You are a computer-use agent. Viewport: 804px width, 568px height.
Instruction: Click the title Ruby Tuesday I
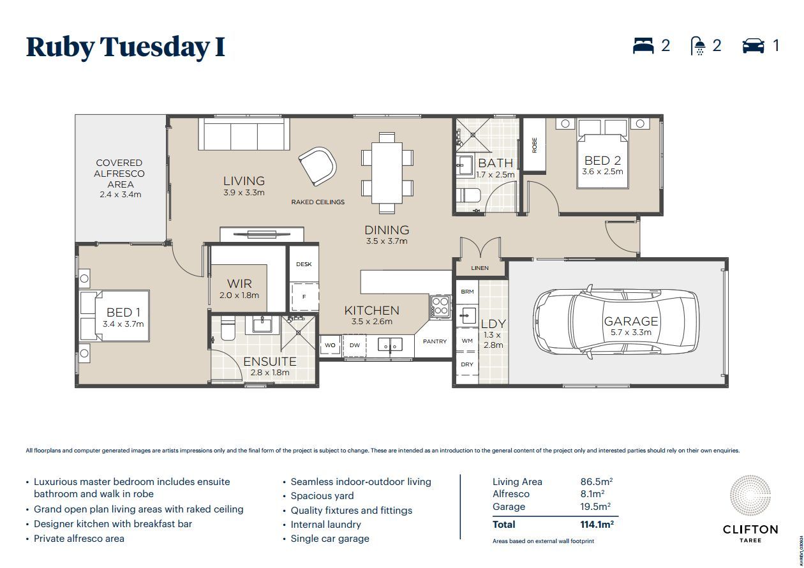click(126, 47)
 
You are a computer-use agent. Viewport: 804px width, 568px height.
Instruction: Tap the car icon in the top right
click(753, 46)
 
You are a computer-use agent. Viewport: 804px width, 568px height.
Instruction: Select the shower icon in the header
click(699, 46)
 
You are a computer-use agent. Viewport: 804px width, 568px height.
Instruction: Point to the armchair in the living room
click(318, 164)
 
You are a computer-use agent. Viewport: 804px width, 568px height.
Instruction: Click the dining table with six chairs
click(387, 172)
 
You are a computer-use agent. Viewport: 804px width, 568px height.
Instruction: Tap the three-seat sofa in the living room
click(244, 135)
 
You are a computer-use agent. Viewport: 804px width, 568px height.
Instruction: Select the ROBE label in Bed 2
click(534, 145)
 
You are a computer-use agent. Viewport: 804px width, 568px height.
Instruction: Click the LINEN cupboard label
click(479, 268)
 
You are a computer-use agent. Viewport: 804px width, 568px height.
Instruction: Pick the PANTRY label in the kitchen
click(435, 341)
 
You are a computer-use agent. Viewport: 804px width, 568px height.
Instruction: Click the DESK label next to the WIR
click(304, 264)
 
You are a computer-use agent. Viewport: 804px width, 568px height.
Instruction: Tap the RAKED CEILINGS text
click(318, 202)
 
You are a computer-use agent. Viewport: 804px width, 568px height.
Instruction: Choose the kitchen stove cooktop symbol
click(440, 306)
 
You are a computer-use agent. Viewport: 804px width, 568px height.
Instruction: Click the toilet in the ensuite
click(227, 329)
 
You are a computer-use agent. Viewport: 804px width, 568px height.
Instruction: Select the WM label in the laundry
click(467, 341)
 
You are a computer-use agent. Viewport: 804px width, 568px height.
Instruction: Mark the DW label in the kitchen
click(354, 345)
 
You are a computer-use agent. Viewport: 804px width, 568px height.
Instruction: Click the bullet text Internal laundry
click(325, 525)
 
